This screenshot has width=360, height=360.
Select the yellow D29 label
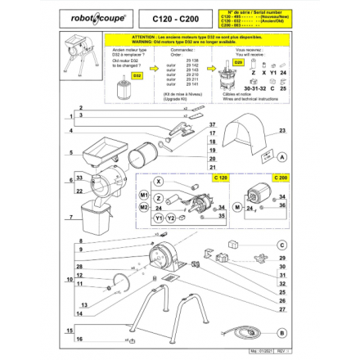click(238, 61)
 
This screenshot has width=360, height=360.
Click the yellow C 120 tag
click(220, 178)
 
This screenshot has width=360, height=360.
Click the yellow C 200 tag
click(280, 178)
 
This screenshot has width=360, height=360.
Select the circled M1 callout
click(144, 196)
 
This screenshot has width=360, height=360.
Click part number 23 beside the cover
click(282, 130)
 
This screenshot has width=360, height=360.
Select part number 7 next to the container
click(79, 218)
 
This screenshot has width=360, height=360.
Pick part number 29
click(282, 258)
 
